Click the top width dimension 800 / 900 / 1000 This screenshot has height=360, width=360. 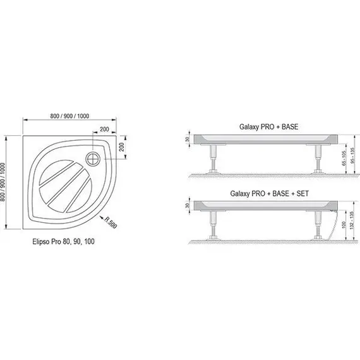click(69, 116)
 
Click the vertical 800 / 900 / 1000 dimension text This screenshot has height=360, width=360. click(3, 182)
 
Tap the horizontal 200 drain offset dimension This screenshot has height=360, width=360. click(104, 129)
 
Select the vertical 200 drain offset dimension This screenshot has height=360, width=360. click(122, 147)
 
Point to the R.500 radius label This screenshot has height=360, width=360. click(111, 222)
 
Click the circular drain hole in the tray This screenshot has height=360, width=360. click(93, 159)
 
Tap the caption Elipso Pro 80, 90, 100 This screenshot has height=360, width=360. click(63, 241)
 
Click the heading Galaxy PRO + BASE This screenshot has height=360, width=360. click(268, 127)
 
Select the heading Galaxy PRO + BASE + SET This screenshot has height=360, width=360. click(269, 193)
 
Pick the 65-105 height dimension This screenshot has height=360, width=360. click(344, 159)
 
